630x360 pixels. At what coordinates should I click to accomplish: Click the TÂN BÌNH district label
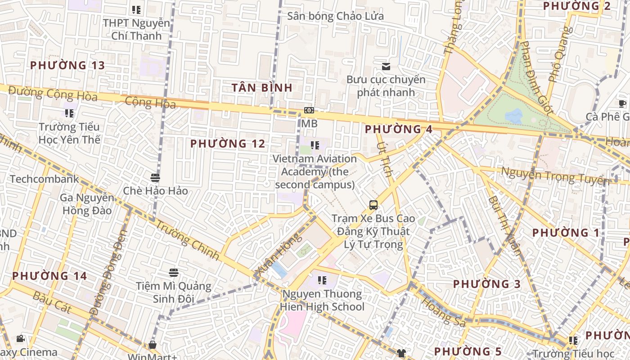point(262,87)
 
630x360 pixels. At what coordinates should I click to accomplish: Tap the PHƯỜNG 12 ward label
point(228,144)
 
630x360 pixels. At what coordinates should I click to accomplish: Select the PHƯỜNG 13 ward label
point(67,65)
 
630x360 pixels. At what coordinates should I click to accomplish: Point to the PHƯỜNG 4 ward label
point(398,130)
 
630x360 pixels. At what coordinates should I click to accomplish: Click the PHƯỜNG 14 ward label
point(49,276)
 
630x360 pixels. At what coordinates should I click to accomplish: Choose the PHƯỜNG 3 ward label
point(486,284)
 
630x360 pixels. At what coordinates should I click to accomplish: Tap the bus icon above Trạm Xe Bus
point(373,205)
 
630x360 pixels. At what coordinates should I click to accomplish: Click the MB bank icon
point(309,110)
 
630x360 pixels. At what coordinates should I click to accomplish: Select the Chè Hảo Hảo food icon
point(155,177)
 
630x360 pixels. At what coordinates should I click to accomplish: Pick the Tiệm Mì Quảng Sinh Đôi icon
point(174,272)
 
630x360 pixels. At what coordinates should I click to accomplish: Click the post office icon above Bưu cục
point(386,67)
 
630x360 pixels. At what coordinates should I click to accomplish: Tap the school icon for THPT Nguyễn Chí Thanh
point(136,9)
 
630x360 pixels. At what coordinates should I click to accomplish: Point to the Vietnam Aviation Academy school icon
point(315,145)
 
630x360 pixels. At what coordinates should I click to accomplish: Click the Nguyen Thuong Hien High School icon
point(322,280)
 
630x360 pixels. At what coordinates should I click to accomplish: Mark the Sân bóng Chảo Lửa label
point(335,17)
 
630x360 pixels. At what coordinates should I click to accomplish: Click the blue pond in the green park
point(513,116)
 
